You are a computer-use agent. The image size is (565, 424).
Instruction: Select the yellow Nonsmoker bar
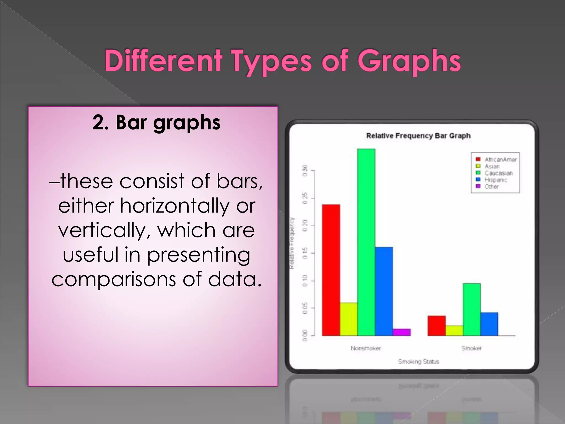pos(349,319)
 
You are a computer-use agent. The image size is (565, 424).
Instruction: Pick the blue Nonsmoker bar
pos(384,291)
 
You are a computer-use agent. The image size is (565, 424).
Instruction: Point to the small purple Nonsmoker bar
pos(401,332)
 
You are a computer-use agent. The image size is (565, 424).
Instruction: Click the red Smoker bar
pos(437,326)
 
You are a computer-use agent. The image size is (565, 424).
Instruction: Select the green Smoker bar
pos(472,309)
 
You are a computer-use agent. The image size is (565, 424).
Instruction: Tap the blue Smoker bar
pos(489,324)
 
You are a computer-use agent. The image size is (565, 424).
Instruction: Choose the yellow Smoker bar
pos(454,331)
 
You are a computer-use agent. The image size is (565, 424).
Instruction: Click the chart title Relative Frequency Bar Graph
pos(418,136)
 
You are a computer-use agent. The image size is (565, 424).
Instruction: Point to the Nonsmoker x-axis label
pos(366,348)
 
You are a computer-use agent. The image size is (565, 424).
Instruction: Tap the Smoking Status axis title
pos(419,361)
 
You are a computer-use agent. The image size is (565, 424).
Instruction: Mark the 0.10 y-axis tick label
pos(305,281)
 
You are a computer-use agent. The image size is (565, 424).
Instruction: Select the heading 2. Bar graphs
pos(156,123)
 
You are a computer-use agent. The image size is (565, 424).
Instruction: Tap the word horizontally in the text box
pos(174,206)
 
